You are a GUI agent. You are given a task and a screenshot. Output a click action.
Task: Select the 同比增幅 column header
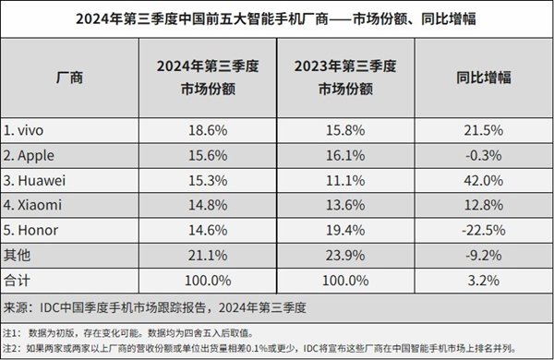point(482,78)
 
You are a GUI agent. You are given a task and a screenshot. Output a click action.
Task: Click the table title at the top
point(277,18)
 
